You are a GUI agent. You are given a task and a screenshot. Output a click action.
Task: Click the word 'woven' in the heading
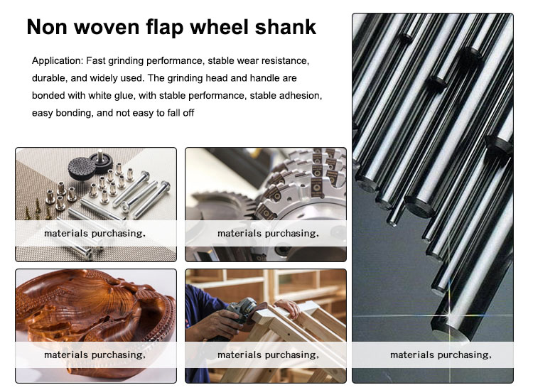point(107,27)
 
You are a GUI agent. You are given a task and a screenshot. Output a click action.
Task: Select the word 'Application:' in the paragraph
point(58,61)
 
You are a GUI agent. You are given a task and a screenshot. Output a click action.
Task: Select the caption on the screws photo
point(95,234)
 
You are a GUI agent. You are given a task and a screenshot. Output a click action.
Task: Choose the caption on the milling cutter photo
point(268,234)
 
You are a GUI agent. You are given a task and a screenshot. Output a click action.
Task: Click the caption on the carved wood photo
point(95,354)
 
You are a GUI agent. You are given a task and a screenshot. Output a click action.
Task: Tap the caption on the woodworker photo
point(268,354)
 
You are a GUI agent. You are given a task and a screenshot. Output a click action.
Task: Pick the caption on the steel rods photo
point(441,354)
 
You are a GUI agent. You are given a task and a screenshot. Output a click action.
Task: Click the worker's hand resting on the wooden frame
point(289,308)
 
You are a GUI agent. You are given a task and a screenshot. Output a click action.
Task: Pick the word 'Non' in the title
point(47,27)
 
